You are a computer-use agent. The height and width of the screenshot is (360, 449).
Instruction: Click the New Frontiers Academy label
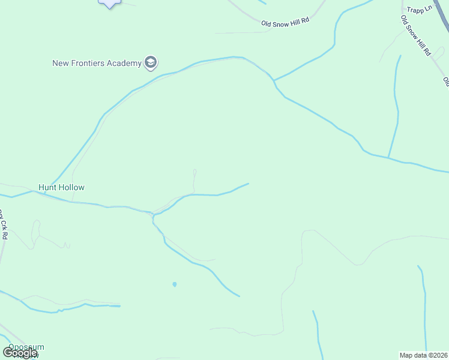[x=96, y=62]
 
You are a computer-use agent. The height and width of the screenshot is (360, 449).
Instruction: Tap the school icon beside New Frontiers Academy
[x=150, y=62]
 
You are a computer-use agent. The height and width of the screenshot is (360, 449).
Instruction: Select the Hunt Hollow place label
[x=61, y=187]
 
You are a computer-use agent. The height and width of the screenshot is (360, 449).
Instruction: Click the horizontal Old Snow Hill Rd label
[x=285, y=22]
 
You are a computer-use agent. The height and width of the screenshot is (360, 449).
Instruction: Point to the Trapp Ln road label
[x=420, y=10]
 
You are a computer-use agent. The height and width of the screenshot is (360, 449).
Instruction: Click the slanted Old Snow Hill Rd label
[x=416, y=35]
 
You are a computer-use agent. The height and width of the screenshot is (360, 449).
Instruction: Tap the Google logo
[x=20, y=353]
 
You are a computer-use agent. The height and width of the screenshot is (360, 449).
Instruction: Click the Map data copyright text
[x=423, y=355]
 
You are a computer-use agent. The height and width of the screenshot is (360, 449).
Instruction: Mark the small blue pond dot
[x=174, y=284]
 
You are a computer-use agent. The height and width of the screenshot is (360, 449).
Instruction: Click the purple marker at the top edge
[x=109, y=3]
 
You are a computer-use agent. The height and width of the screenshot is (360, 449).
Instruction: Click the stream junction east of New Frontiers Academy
[x=273, y=80]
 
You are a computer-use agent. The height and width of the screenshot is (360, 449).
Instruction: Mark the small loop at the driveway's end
[x=194, y=173]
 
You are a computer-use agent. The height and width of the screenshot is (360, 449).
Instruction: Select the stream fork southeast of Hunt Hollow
[x=154, y=215]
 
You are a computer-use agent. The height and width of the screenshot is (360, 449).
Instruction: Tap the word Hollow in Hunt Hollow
[x=71, y=187]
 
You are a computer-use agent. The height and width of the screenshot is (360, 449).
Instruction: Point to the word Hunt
[x=47, y=187]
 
